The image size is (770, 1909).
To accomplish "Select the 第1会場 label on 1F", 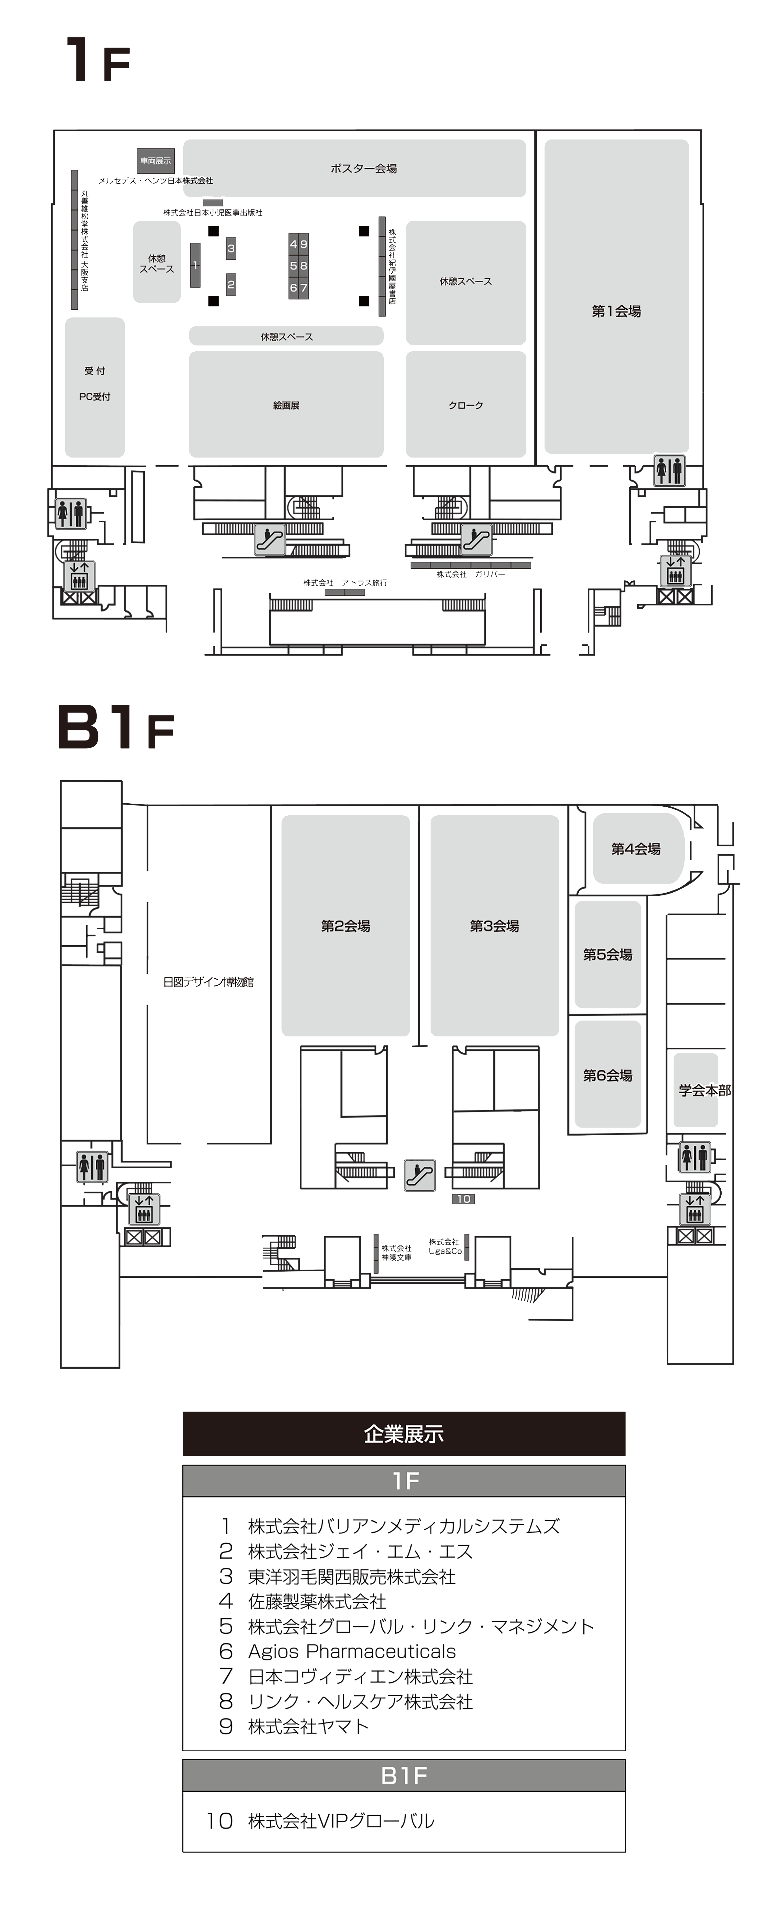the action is tap(616, 311).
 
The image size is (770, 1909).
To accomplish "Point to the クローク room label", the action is tap(465, 406).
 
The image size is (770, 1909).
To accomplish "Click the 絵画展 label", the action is tap(286, 406).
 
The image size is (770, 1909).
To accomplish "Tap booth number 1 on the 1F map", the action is tap(195, 264).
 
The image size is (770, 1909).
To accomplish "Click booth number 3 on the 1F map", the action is tap(231, 248).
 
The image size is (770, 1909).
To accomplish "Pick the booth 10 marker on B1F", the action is tap(463, 1198).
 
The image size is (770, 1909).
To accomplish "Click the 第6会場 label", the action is tap(608, 1075).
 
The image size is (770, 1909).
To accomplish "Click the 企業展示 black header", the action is tap(404, 1434).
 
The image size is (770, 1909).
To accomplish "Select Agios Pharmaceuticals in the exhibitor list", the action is tap(352, 1651).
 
